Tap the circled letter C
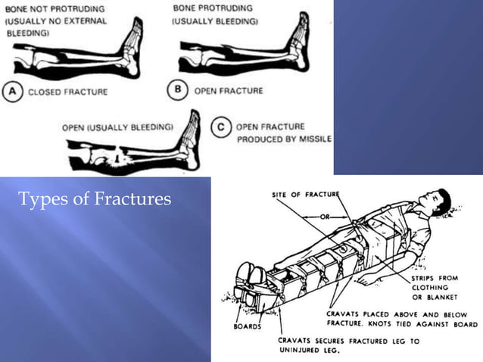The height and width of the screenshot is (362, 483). [220, 130]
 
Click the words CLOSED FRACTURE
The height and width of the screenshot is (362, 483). [67, 92]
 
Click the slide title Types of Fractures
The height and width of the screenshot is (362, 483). [94, 200]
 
